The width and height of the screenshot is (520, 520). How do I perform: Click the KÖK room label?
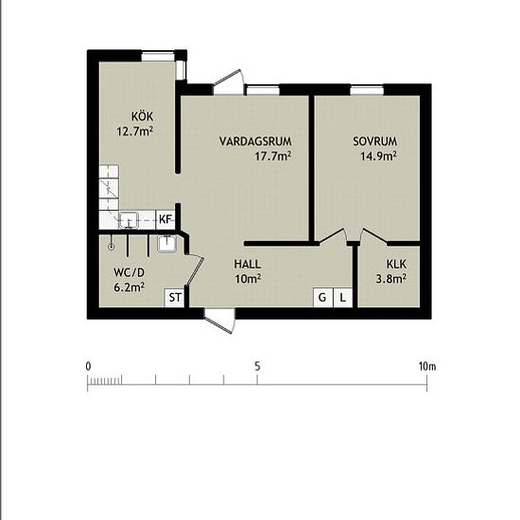[x=142, y=116]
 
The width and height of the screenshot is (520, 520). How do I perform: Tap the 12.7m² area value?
[x=134, y=131]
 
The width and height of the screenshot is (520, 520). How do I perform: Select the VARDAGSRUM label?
[x=255, y=141]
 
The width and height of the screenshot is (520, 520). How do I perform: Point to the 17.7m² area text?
[x=273, y=156]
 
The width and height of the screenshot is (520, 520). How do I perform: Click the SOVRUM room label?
[x=374, y=141]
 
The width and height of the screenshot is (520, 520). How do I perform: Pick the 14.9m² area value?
[x=379, y=156]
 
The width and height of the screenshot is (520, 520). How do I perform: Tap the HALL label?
[x=248, y=264]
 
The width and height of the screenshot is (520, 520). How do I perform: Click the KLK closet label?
[x=396, y=264]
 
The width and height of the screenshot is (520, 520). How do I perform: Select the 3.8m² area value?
[x=391, y=279]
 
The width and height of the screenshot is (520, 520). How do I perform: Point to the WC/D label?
[x=129, y=272]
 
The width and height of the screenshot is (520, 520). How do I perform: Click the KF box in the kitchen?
[x=165, y=219]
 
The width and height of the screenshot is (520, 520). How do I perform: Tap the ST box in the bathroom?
[x=175, y=298]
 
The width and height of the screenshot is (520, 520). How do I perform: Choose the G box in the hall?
[x=322, y=298]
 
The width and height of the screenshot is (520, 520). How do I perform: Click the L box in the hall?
[x=343, y=298]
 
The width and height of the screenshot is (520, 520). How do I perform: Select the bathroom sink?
[x=166, y=244]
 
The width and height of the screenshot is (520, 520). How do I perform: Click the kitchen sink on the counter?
[x=129, y=220]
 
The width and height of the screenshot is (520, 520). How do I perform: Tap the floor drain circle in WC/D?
[x=112, y=247]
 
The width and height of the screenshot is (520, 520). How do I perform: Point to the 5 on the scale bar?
[x=257, y=367]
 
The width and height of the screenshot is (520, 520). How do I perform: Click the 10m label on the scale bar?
[x=427, y=367]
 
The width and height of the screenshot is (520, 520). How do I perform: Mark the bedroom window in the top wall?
[x=367, y=90]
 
